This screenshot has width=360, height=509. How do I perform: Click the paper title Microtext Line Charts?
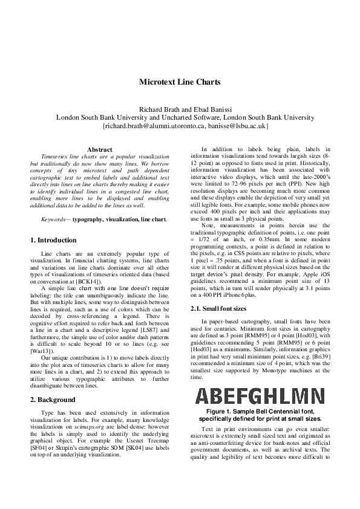[180, 82]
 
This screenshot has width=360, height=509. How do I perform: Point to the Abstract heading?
[100, 149]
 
